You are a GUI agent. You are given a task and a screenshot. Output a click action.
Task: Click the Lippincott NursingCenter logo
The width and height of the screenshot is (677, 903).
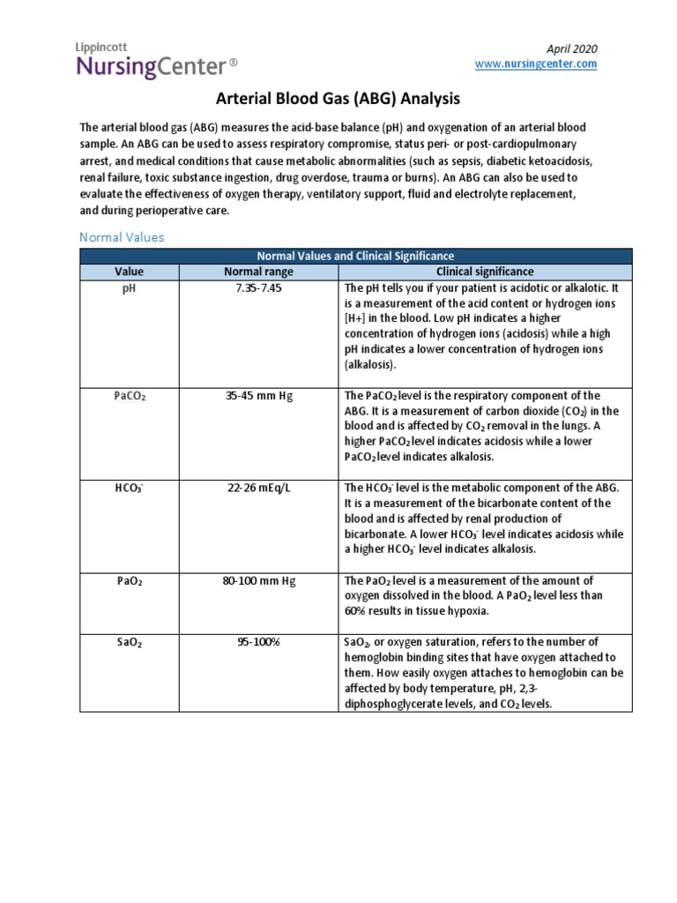click(158, 60)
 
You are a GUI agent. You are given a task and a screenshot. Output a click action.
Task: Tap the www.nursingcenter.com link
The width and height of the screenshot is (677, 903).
click(536, 64)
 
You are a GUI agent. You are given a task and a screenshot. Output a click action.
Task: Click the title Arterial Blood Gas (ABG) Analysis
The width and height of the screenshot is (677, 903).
click(338, 100)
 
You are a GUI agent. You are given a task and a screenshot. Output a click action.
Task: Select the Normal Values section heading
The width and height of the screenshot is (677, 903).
click(122, 237)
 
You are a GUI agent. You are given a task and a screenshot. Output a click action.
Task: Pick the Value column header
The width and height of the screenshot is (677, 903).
click(129, 272)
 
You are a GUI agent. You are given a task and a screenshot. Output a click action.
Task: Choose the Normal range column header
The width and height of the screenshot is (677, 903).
click(257, 272)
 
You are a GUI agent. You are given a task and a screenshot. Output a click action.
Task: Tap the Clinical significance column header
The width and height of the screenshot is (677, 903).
click(484, 272)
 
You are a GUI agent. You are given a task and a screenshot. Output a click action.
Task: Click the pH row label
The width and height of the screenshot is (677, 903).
click(129, 288)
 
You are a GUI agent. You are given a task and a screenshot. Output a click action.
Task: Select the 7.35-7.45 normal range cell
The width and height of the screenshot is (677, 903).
click(257, 288)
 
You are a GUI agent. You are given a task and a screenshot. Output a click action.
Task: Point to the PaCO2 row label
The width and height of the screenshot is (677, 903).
click(129, 396)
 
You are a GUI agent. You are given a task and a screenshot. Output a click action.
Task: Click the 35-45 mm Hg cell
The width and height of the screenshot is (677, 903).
click(257, 396)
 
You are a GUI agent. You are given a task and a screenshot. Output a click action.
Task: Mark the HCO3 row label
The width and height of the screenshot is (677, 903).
click(129, 489)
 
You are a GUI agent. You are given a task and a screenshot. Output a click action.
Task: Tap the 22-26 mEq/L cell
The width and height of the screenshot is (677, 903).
click(257, 489)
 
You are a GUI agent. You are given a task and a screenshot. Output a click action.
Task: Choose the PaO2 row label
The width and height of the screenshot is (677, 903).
click(129, 581)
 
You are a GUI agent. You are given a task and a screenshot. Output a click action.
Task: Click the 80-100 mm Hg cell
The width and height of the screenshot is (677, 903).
click(257, 581)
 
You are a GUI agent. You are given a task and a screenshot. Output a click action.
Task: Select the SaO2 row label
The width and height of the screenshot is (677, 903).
click(129, 643)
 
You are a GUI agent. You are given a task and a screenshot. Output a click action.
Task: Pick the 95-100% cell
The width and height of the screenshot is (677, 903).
click(257, 643)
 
